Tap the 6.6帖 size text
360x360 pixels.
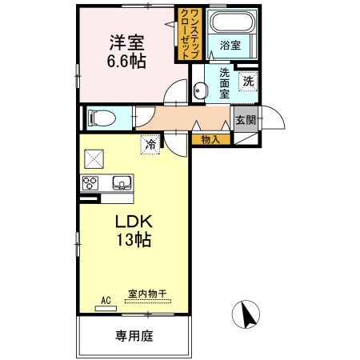[126, 61]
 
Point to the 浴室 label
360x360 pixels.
[230, 46]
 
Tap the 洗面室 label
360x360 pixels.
[225, 82]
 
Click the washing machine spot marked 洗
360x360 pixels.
[249, 80]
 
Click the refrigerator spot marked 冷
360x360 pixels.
[150, 144]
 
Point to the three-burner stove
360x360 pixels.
[89, 183]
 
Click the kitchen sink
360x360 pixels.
[121, 182]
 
